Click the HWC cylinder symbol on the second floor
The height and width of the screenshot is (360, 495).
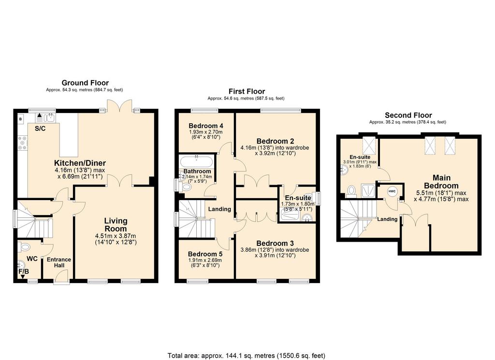pos(392,191)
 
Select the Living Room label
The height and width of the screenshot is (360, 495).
pos(116,225)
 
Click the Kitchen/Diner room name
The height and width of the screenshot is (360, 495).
pos(80,163)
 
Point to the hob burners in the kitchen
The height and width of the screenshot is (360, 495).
pos(22,143)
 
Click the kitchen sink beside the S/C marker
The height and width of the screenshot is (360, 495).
pos(50,118)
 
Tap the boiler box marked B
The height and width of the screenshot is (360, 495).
pos(21,119)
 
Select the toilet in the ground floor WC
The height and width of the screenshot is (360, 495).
pos(24,247)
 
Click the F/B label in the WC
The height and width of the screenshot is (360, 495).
pos(24,272)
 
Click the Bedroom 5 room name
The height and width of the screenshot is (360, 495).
pos(205,254)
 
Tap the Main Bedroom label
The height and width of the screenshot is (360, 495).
pos(441,182)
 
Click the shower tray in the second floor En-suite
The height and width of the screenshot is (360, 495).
pos(368,190)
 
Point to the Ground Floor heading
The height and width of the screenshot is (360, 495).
pos(85,83)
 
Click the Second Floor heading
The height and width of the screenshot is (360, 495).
pos(408,115)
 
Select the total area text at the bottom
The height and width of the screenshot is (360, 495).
pos(247,356)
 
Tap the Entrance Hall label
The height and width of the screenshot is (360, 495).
pos(59,262)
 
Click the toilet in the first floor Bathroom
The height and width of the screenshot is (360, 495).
pos(186,187)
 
